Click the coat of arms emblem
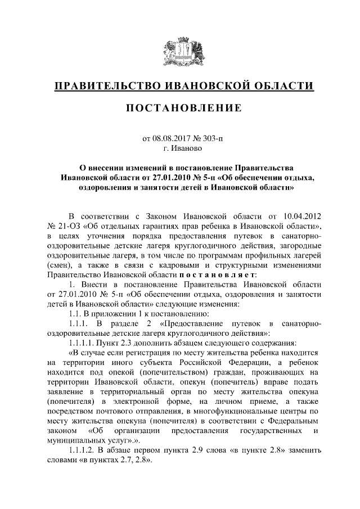[x=179, y=52]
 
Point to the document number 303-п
[x=211, y=138]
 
